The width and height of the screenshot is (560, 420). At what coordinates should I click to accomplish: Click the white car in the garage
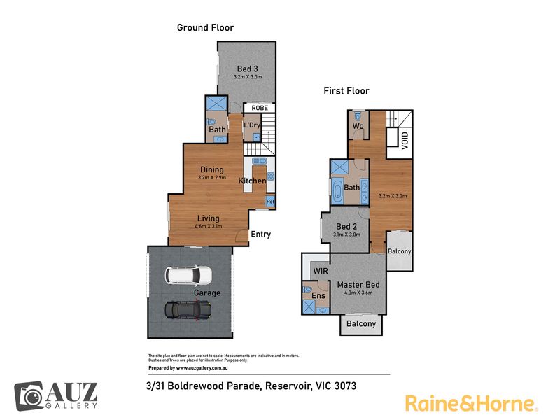pos(188,276)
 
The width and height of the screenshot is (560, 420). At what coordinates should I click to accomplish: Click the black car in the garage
pos(188,310)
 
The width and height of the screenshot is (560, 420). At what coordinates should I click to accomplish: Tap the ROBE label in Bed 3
pos(260,108)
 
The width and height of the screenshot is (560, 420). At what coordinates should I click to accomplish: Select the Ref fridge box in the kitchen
pos(270,202)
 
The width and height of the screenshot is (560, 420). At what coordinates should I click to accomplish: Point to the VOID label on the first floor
pos(405,141)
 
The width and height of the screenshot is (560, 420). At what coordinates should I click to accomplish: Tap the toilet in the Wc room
pos(358,116)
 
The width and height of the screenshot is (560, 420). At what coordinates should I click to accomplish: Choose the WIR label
pos(321,271)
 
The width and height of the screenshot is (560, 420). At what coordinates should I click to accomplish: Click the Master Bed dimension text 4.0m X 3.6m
pos(358,293)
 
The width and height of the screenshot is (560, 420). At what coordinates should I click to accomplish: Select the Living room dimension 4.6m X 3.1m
pos(209,226)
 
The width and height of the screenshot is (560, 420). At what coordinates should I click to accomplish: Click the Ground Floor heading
pos(205,27)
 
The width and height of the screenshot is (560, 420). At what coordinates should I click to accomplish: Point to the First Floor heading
pos(346,91)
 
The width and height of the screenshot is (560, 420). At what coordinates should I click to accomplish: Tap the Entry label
pos(260,234)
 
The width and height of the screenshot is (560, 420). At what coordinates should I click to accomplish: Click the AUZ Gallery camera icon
pos(29,396)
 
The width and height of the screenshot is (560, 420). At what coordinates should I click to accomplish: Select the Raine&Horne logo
pos(471,404)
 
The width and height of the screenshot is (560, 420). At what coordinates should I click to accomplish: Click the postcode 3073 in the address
pos(345,386)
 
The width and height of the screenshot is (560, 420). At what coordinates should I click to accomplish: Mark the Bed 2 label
pos(346,226)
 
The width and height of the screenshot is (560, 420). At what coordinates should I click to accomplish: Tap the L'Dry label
pos(252,125)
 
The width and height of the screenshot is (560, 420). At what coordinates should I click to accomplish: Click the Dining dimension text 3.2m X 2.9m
pos(212,178)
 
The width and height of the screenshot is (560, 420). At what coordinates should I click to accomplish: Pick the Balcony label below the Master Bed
pos(361,324)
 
